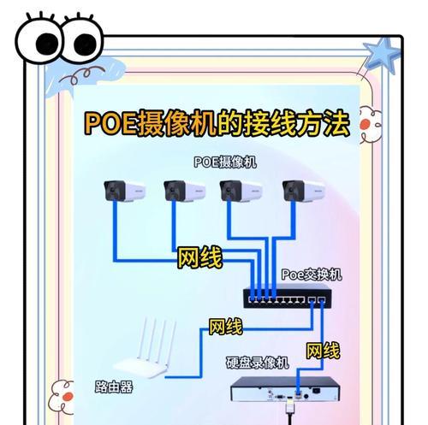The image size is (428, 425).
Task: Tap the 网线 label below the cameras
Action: [x=200, y=258]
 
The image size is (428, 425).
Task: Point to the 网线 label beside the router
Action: [x=226, y=327]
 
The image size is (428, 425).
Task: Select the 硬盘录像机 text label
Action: [x=258, y=363]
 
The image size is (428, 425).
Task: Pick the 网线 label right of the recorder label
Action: [x=323, y=351]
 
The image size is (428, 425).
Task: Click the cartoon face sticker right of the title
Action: [x=372, y=126]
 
